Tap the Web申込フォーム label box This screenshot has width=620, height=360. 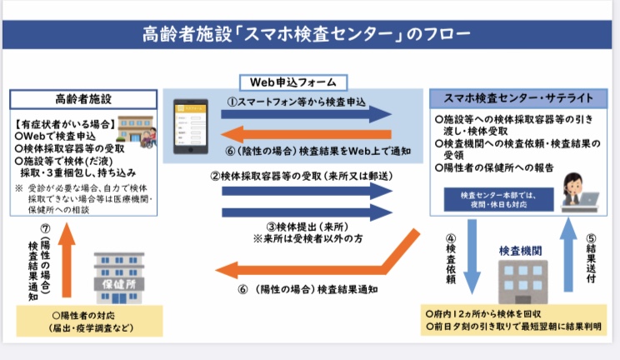coord(294,82)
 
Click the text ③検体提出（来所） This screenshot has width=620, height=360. coord(303,226)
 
